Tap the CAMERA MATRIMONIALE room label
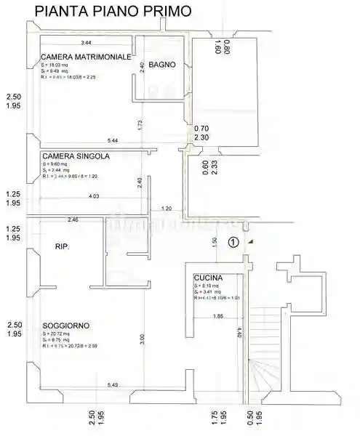[x=86, y=57]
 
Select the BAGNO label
[x=161, y=65]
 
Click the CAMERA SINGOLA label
[x=76, y=156]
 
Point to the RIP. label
[x=62, y=249]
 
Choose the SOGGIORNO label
[x=66, y=326]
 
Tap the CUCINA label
[x=208, y=278]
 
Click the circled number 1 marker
[x=233, y=243]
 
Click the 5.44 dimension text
[x=112, y=140]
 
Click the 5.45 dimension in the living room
[x=113, y=384]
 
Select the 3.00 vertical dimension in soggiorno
[x=143, y=339]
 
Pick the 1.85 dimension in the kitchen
[x=218, y=316]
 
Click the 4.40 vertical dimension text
[x=239, y=334]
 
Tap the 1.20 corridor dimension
[x=166, y=209]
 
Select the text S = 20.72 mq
[x=56, y=333]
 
